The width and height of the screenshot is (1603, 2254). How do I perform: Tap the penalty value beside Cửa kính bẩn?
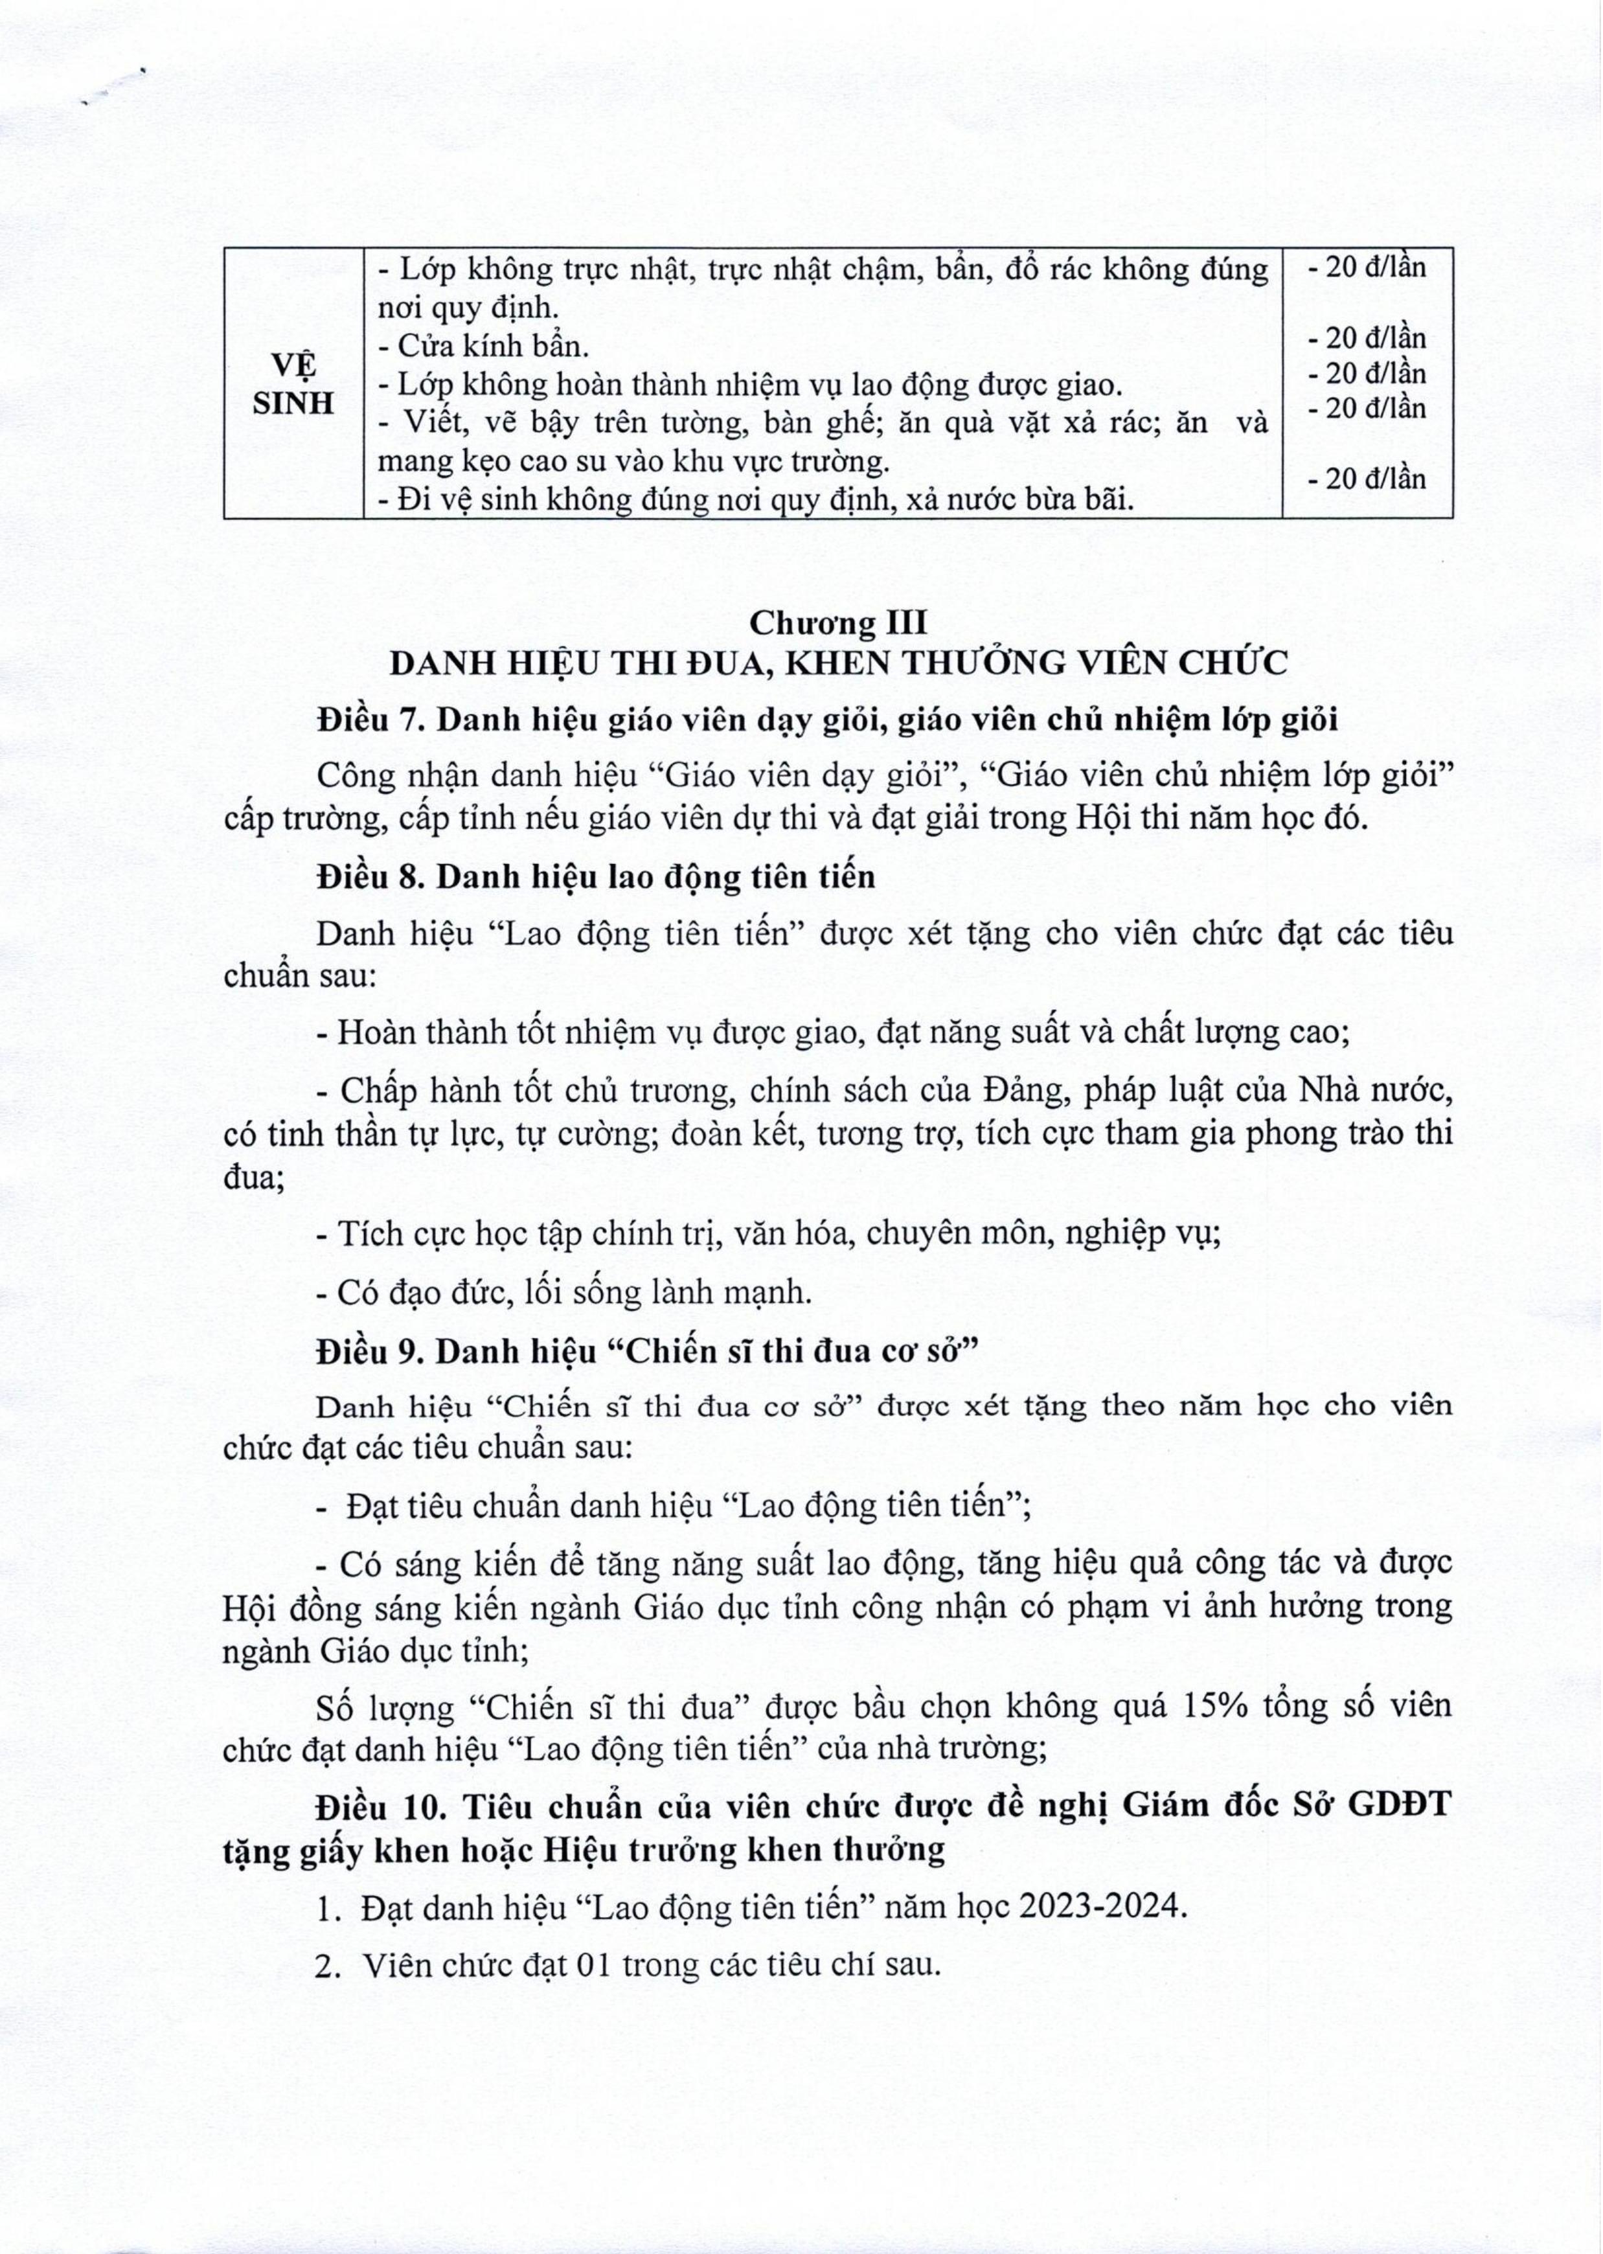coord(1367,339)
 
